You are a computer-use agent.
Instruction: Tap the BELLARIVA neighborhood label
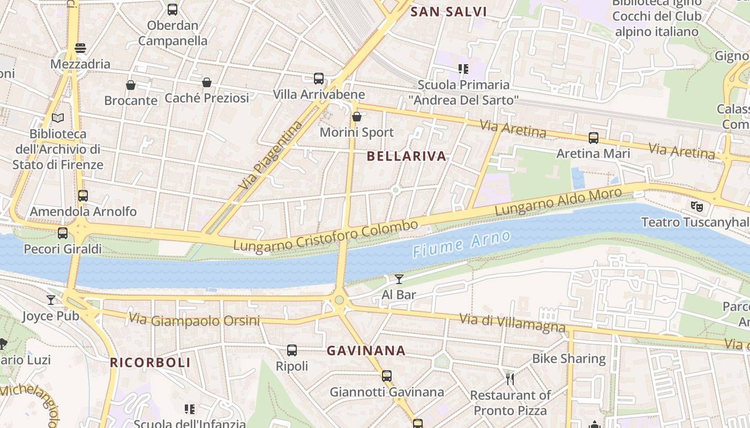tap(407, 156)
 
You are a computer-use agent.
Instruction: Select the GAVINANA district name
tap(366, 351)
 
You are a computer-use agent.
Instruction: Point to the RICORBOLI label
tap(150, 363)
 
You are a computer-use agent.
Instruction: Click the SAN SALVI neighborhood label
tap(448, 12)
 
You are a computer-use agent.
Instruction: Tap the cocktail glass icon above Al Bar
tap(399, 279)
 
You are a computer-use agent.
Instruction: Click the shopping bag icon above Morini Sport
tap(356, 116)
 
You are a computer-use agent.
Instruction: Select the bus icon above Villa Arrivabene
tap(319, 79)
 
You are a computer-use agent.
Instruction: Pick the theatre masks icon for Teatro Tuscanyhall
tap(696, 205)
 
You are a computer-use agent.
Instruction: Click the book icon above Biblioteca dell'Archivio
tap(58, 118)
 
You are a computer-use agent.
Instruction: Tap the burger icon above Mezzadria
tap(80, 48)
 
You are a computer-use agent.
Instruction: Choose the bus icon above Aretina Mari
tap(593, 138)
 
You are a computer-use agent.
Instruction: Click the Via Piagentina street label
tap(271, 156)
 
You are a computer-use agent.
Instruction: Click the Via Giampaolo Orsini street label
tap(194, 320)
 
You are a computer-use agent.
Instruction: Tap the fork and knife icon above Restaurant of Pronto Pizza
tap(509, 379)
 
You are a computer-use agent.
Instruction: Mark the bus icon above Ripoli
tap(291, 350)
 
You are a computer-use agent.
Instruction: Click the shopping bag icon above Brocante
tap(130, 85)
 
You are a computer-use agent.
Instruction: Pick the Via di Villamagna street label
tap(512, 323)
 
